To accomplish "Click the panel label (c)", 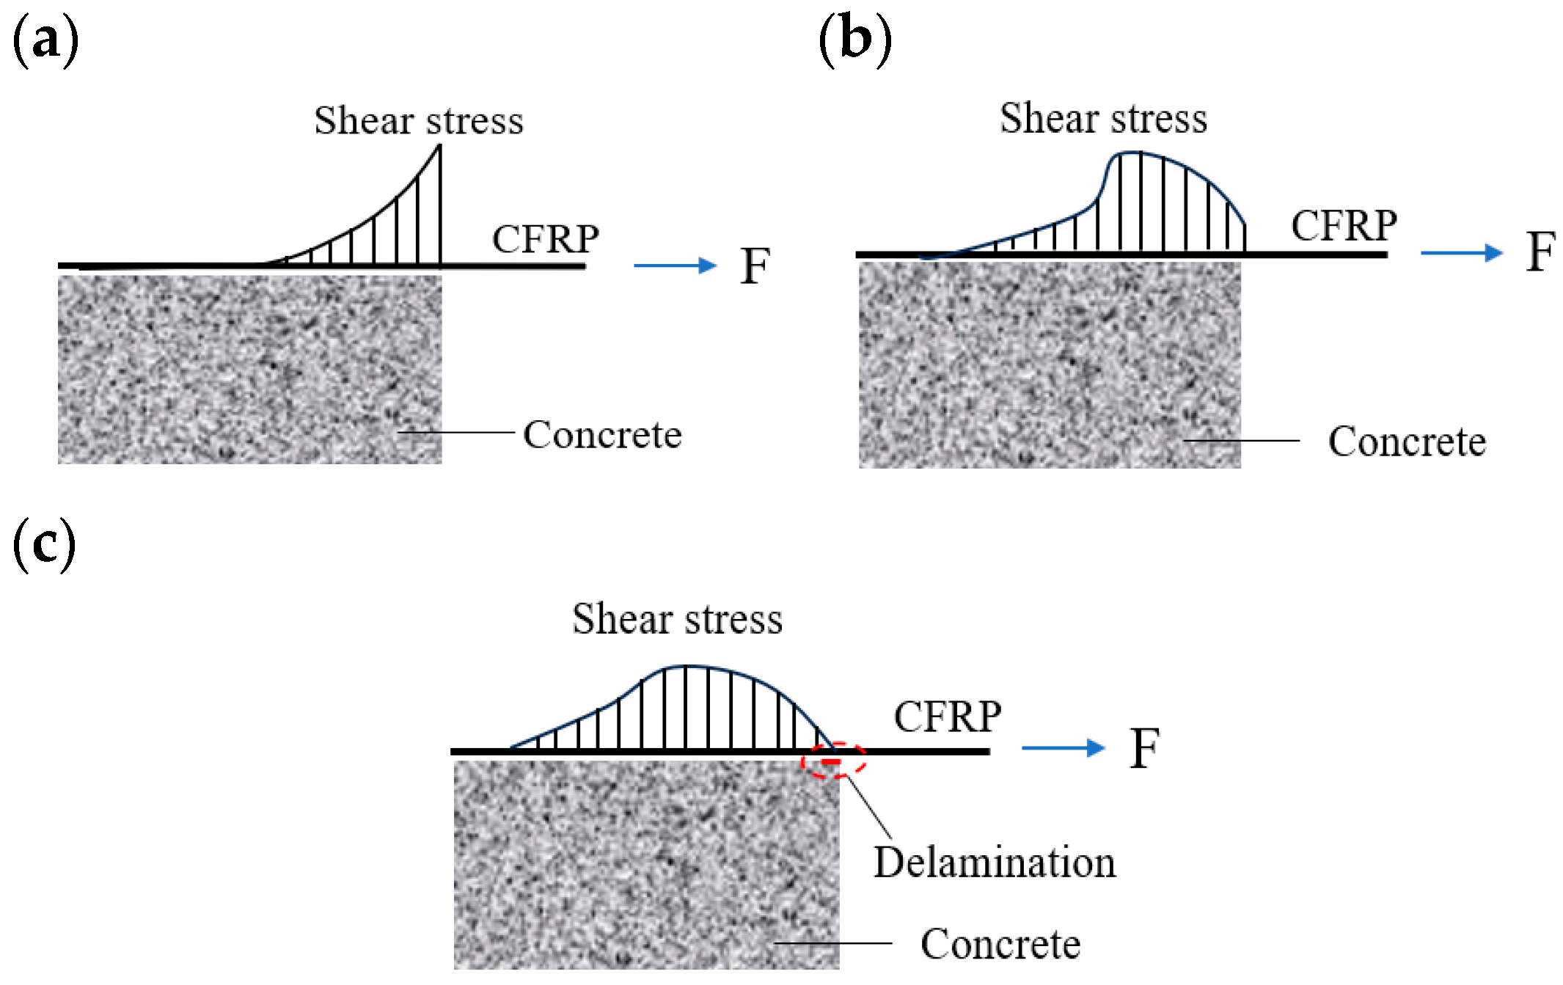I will click(44, 544).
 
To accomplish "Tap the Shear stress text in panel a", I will click(419, 121).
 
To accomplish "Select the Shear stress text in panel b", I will click(1103, 119).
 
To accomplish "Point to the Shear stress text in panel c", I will click(677, 620).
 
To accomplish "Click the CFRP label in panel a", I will click(545, 239).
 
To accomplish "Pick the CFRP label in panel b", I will click(1344, 226).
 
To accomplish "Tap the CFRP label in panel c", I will click(947, 717).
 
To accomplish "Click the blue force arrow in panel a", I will click(675, 265).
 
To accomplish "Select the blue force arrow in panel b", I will click(1461, 252).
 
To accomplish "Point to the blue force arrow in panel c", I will click(1063, 747).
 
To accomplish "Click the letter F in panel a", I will click(755, 266).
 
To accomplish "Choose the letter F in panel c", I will click(1144, 749).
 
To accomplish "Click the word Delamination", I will click(995, 863).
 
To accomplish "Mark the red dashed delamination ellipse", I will click(832, 760).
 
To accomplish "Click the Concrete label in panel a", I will click(602, 435).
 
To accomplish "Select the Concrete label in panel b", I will click(1407, 442).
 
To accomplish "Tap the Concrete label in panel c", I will click(1000, 944).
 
